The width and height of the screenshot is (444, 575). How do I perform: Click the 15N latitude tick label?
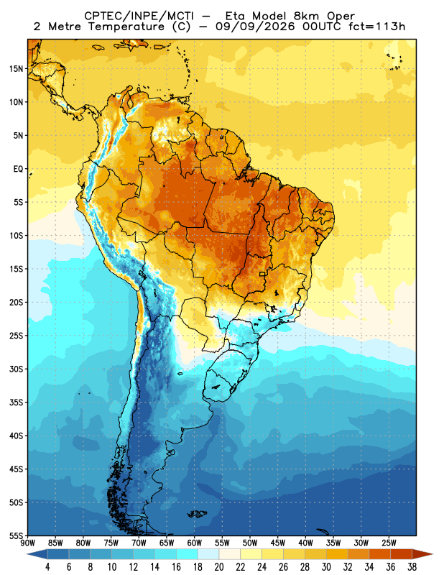(x=16, y=68)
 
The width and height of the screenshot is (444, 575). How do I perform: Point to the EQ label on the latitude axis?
(x=19, y=169)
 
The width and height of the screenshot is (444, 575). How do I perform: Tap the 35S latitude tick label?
(x=16, y=402)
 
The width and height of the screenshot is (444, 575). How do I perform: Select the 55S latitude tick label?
(x=16, y=535)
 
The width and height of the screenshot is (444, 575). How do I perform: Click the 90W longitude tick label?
(x=28, y=543)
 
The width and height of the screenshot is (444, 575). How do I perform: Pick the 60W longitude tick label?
(x=194, y=543)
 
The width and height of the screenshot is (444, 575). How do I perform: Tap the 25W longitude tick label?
(x=389, y=543)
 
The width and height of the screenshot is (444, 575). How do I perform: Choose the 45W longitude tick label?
(x=278, y=543)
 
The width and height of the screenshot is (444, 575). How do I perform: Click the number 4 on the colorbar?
(x=47, y=567)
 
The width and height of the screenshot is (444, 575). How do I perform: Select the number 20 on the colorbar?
(x=219, y=567)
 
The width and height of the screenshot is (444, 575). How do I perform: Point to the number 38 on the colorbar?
(x=412, y=567)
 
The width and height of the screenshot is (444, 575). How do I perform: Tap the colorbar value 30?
(x=326, y=567)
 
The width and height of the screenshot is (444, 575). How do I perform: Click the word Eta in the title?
(x=236, y=16)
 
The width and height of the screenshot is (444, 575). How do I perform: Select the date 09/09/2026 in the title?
(x=255, y=27)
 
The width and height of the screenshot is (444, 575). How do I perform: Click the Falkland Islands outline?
(x=198, y=514)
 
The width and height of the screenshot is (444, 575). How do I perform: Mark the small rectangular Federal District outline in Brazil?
(x=262, y=274)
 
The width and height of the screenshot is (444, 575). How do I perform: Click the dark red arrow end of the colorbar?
(x=422, y=554)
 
